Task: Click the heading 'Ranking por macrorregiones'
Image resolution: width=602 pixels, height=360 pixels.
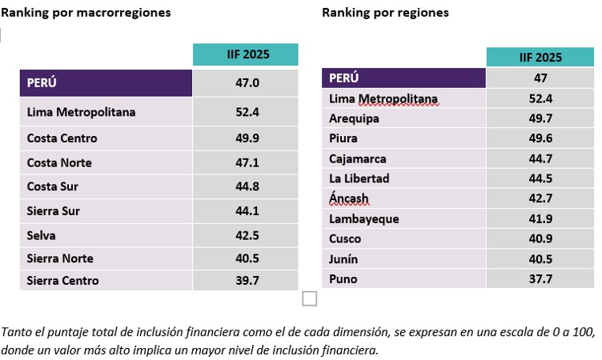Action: [86, 13]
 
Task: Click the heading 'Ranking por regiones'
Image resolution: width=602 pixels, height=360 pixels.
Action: [385, 13]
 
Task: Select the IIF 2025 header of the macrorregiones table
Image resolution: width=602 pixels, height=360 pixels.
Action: [245, 55]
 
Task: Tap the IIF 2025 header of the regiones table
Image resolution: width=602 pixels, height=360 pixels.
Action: [540, 58]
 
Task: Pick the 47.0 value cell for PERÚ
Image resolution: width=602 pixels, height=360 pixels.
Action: [245, 83]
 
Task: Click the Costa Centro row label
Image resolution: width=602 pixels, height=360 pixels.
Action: [62, 138]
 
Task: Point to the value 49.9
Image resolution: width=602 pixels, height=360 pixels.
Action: [245, 138]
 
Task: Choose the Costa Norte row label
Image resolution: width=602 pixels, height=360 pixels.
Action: [59, 162]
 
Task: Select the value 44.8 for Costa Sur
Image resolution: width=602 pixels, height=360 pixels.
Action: [245, 186]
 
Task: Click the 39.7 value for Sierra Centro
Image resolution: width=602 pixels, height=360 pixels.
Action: [245, 280]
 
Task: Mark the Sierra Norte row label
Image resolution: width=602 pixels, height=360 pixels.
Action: [60, 258]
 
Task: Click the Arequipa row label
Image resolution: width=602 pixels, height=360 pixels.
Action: [354, 118]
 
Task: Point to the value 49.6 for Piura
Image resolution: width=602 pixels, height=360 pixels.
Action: [540, 138]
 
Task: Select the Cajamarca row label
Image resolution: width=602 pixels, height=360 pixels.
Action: [357, 158]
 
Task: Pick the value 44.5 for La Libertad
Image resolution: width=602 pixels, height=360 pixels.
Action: [540, 178]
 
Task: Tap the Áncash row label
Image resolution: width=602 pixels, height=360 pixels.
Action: [349, 198]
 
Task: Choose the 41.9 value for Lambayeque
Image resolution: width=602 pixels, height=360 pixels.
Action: [540, 218]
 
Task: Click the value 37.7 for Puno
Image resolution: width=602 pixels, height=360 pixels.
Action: [540, 279]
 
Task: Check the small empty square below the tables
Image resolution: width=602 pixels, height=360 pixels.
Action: [310, 298]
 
